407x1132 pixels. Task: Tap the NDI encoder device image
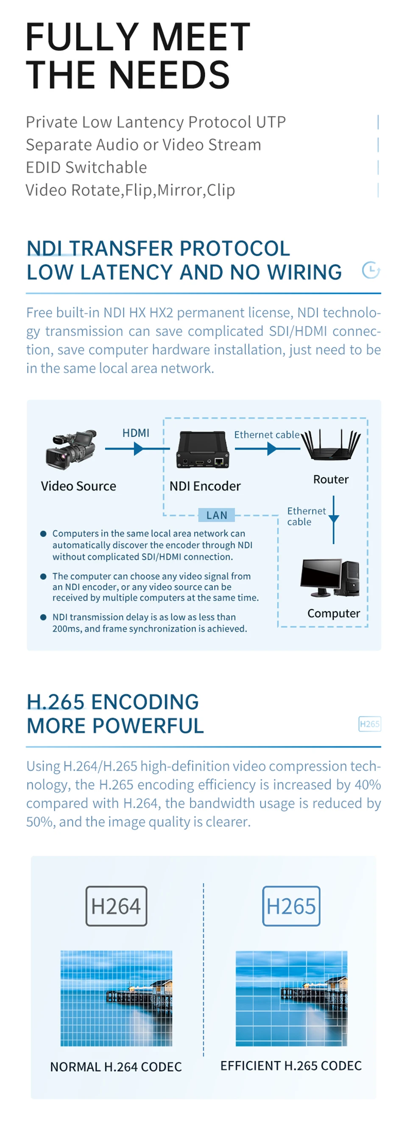203,450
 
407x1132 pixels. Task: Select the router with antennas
331,446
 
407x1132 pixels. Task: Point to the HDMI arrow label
136,433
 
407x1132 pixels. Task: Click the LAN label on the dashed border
217,515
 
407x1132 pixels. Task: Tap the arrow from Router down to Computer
334,520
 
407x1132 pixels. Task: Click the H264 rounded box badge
116,906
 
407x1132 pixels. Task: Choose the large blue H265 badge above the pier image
291,906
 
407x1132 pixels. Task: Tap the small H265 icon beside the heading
370,724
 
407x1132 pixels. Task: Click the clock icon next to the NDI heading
371,270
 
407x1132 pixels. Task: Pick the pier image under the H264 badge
116,998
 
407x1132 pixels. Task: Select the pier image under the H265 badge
291,998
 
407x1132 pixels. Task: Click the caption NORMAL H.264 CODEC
116,1067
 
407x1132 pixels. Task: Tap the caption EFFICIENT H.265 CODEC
291,1066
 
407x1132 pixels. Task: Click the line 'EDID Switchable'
86,168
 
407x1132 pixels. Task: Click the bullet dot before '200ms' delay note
43,617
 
